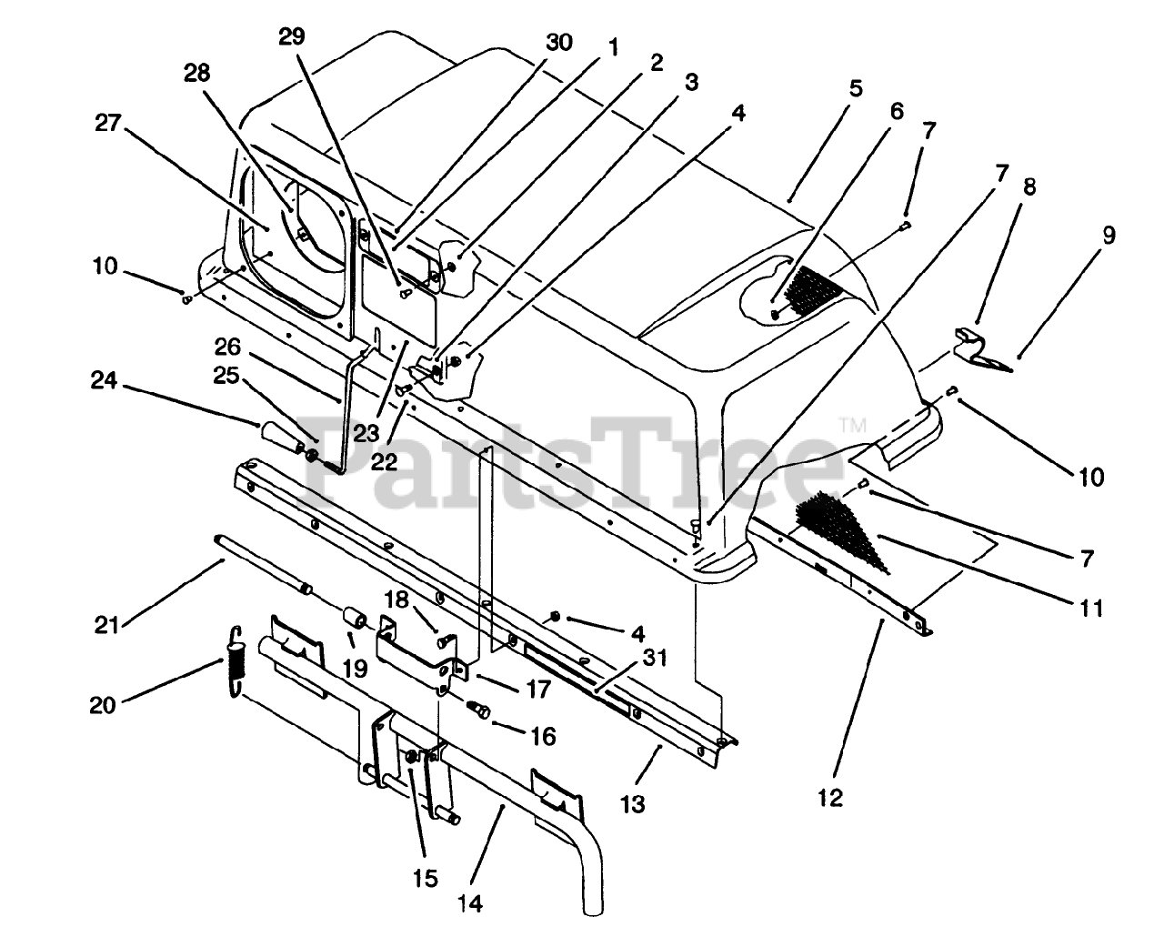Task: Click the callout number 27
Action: [x=108, y=123]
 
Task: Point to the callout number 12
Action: [x=830, y=798]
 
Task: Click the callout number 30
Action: [x=558, y=41]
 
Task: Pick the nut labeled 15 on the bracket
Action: [x=412, y=757]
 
